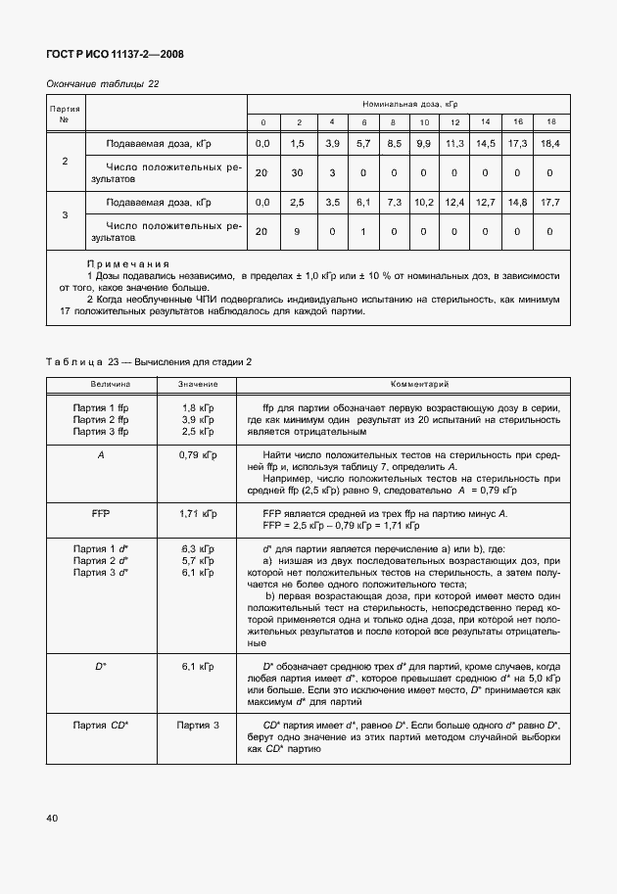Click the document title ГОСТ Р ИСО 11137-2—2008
(x=116, y=54)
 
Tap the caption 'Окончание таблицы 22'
(x=103, y=84)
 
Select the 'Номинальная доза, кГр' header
(x=404, y=103)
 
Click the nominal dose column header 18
(x=550, y=121)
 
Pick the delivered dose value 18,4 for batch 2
(x=550, y=144)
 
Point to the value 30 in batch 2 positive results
(x=297, y=173)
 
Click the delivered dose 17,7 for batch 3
(x=550, y=203)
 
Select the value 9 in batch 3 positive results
(x=297, y=232)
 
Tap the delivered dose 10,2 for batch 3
(x=424, y=203)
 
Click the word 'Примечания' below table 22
(x=128, y=264)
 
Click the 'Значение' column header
(x=197, y=384)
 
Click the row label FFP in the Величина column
(x=101, y=512)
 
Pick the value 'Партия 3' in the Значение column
(x=197, y=725)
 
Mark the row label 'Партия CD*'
(x=101, y=725)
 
